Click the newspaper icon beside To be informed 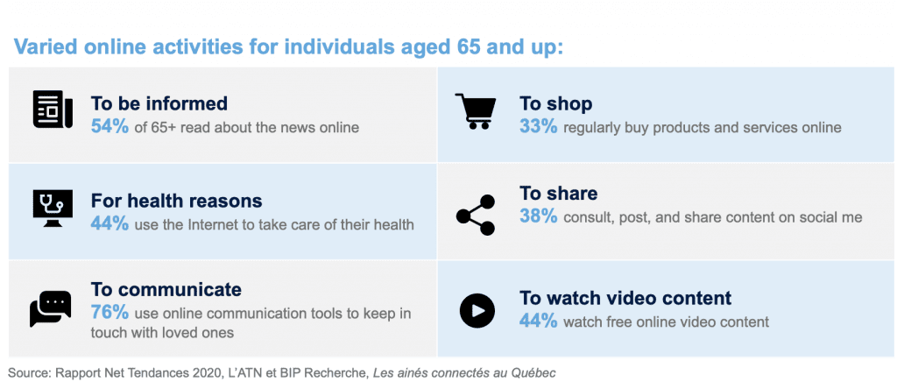click(52, 110)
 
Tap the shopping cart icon click(475, 111)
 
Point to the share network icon click(476, 216)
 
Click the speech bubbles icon click(50, 308)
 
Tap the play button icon click(477, 311)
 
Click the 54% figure click(109, 126)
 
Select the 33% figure click(539, 126)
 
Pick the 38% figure click(539, 216)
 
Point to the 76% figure click(109, 313)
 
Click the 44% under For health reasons click(109, 223)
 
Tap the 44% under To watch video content click(539, 321)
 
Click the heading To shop click(555, 103)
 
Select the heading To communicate click(166, 289)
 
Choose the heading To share click(558, 194)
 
